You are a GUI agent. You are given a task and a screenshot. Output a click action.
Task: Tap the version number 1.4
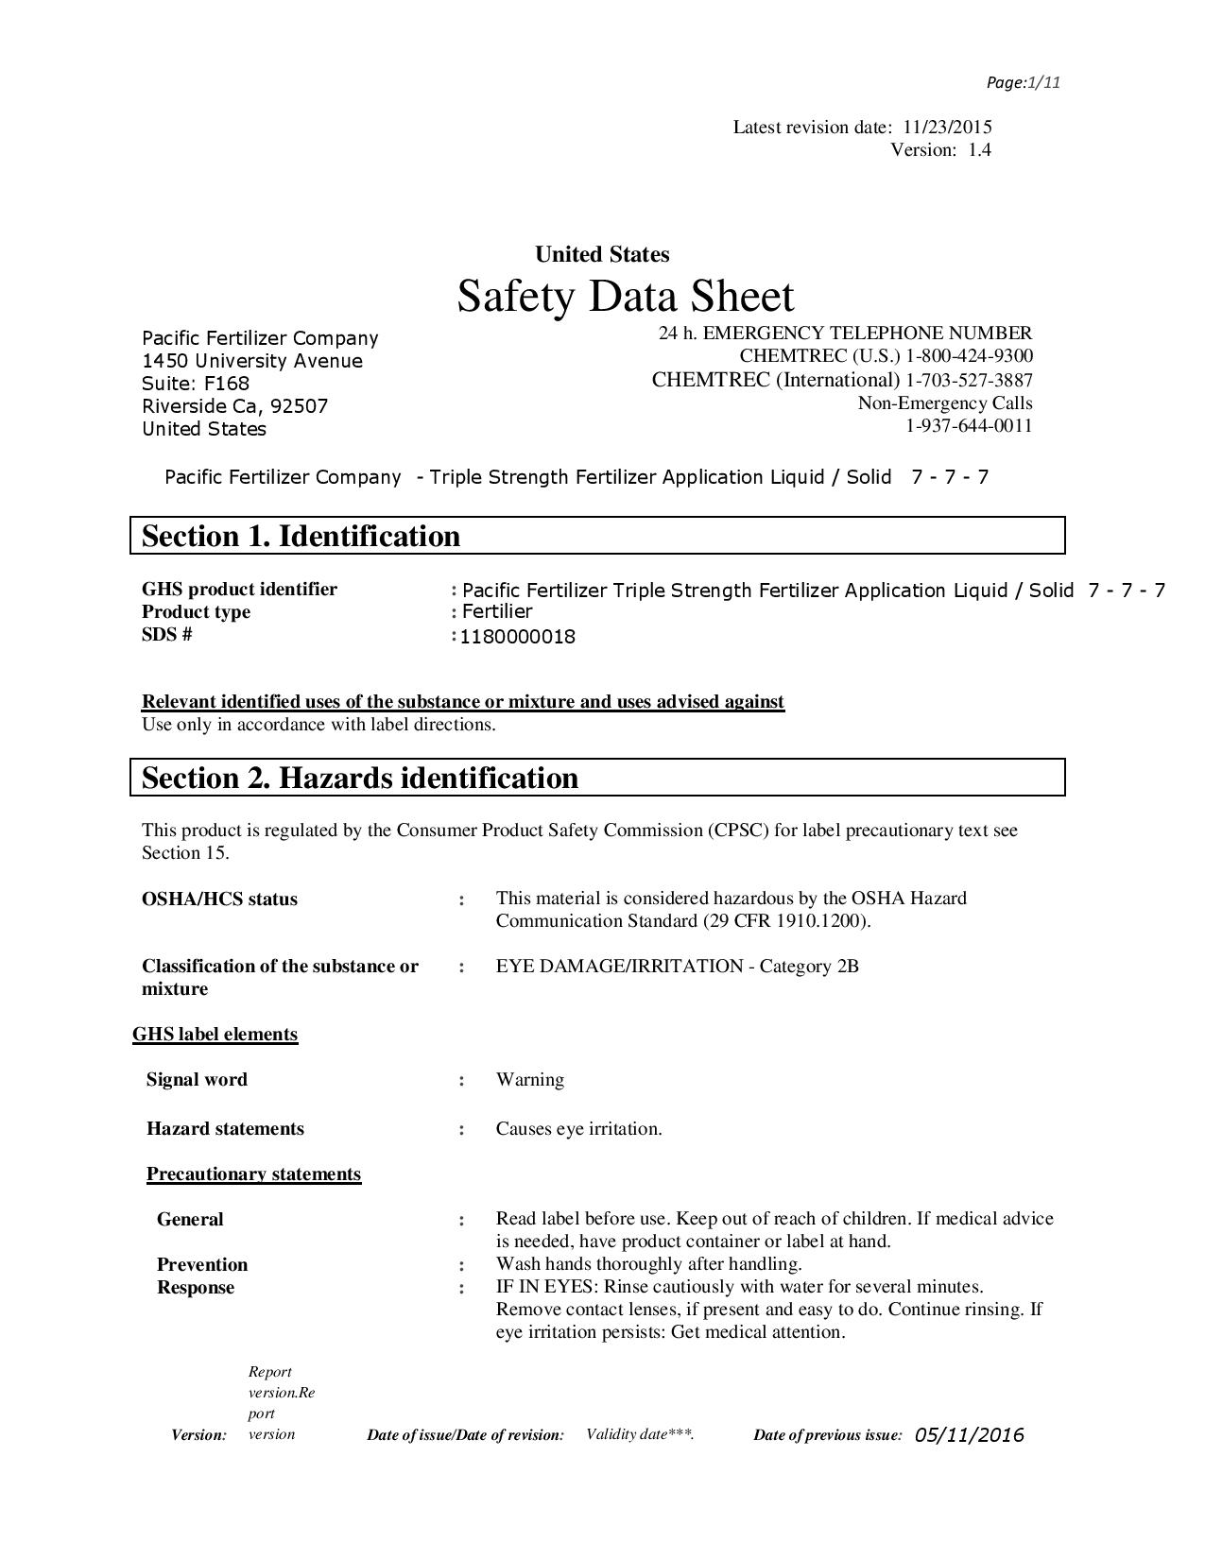coord(979,150)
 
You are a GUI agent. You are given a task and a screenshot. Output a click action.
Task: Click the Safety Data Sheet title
coord(626,296)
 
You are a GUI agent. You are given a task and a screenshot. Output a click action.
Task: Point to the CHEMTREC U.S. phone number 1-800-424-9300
coord(969,356)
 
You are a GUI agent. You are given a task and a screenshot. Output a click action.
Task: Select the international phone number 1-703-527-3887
coord(969,381)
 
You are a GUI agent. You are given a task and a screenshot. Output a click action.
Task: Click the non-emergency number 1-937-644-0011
coord(969,426)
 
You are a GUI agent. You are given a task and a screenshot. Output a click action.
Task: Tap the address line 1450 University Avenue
coord(252,361)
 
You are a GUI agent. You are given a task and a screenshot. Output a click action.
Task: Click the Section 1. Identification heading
coord(301,536)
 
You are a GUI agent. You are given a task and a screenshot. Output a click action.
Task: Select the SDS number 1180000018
coord(518,637)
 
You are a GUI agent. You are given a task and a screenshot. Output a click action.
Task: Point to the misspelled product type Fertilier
coord(497,611)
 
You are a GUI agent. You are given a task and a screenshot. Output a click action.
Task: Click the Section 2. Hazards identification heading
coord(360,778)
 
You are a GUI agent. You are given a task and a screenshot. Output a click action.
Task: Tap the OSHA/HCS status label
coord(219,899)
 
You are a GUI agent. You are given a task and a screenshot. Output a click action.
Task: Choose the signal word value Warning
coord(530,1080)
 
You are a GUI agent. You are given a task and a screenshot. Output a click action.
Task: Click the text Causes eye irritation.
coord(578,1129)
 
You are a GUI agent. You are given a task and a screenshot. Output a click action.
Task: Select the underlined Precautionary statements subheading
coord(254,1174)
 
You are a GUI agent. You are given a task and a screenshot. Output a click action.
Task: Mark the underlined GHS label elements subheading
coord(215,1035)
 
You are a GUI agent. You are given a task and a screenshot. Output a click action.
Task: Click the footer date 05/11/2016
coord(969,1435)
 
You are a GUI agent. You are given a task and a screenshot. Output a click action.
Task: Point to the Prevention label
coord(202,1265)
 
